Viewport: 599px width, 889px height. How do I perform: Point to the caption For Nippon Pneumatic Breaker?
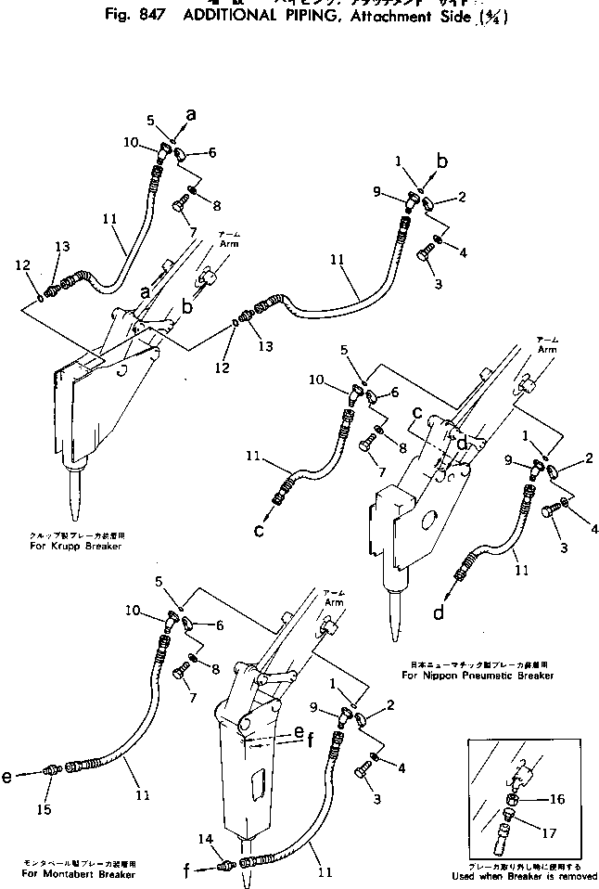478,676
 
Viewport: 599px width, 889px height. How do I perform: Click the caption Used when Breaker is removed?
518,875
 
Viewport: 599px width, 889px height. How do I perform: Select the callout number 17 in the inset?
550,832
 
